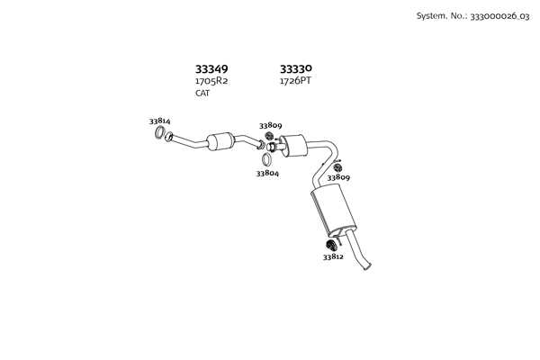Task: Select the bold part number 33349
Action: (211, 68)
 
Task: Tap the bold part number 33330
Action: (296, 68)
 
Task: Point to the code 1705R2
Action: (211, 81)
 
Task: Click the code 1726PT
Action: (295, 81)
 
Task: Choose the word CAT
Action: (202, 94)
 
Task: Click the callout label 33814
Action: (159, 121)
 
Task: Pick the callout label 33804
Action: (267, 173)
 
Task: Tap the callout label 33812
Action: (333, 256)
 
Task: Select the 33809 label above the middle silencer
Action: (271, 126)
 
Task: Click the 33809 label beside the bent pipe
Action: (338, 178)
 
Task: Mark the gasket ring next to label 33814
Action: (160, 135)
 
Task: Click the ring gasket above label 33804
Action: (267, 159)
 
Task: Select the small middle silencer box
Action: (292, 144)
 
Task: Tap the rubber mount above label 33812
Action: (330, 244)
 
